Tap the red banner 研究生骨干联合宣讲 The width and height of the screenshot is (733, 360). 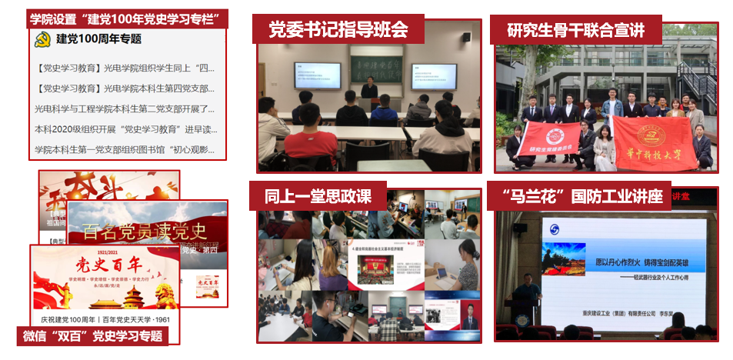pos(577,30)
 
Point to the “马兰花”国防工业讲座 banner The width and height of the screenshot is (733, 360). pos(578,196)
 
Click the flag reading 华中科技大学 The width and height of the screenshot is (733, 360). pos(654,138)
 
